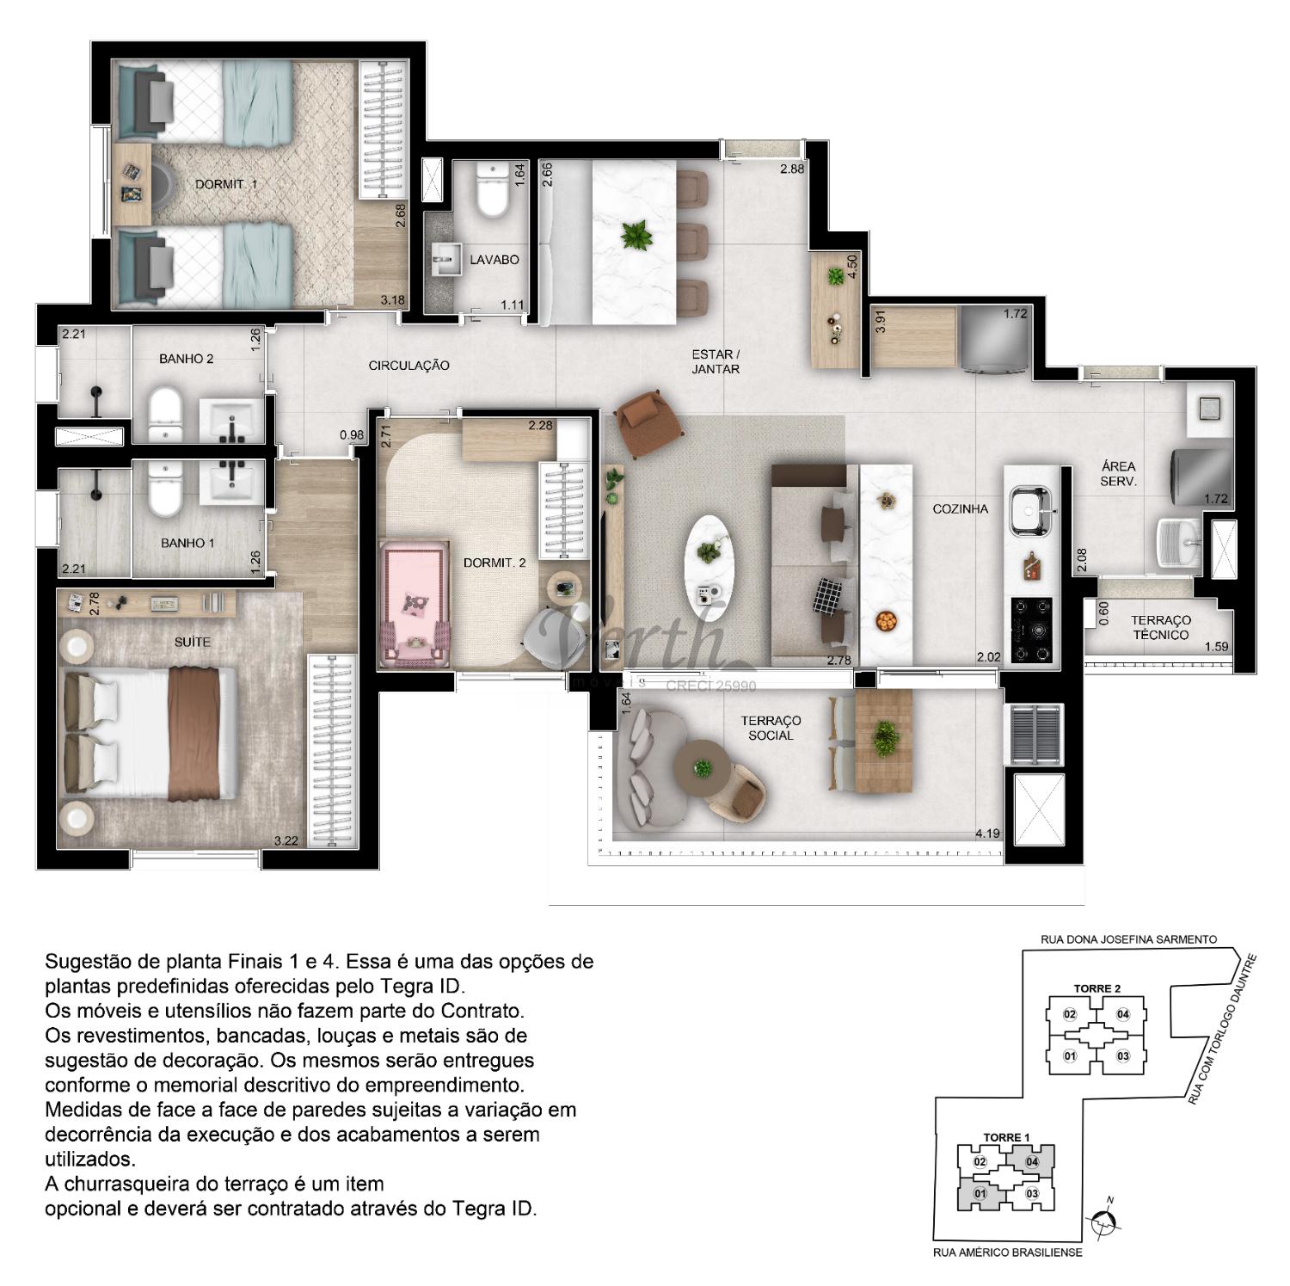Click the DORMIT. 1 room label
[226, 184]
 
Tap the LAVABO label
[494, 259]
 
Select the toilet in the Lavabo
[493, 191]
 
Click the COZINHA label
[961, 508]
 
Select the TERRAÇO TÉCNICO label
[1160, 627]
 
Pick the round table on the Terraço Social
[703, 766]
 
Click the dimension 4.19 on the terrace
[987, 833]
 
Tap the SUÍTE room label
[192, 642]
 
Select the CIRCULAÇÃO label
[408, 366]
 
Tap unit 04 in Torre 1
[1032, 1162]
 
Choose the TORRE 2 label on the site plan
[1096, 988]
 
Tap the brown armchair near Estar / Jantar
[648, 424]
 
